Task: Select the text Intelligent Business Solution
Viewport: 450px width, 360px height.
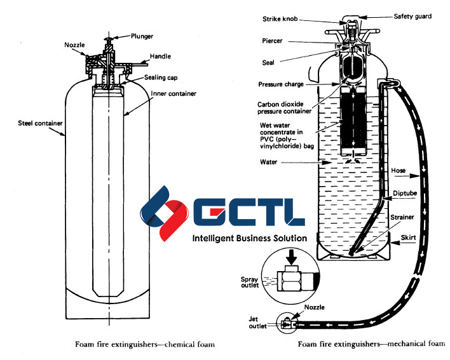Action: pyautogui.click(x=249, y=238)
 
